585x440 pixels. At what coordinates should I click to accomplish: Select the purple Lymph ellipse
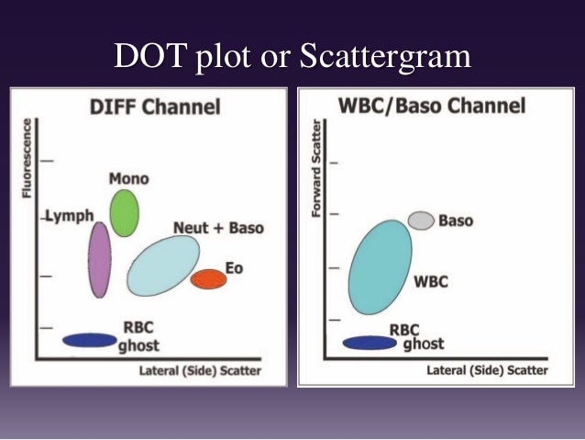pyautogui.click(x=100, y=259)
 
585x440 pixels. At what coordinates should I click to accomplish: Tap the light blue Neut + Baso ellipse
pyautogui.click(x=163, y=265)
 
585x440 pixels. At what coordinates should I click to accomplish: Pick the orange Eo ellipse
pyautogui.click(x=208, y=279)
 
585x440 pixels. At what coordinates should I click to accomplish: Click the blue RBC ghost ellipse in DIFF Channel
pyautogui.click(x=89, y=340)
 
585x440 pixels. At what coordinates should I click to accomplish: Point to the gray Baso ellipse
pyautogui.click(x=421, y=220)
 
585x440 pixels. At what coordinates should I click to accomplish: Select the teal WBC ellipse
pyautogui.click(x=381, y=266)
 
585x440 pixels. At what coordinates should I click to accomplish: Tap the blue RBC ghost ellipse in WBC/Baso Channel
pyautogui.click(x=370, y=343)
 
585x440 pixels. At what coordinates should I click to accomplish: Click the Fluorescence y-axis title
pyautogui.click(x=27, y=157)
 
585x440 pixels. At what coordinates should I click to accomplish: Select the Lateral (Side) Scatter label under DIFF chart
pyautogui.click(x=199, y=371)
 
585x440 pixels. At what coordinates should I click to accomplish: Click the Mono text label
pyautogui.click(x=128, y=179)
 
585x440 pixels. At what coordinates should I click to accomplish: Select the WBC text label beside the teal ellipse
pyautogui.click(x=430, y=281)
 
